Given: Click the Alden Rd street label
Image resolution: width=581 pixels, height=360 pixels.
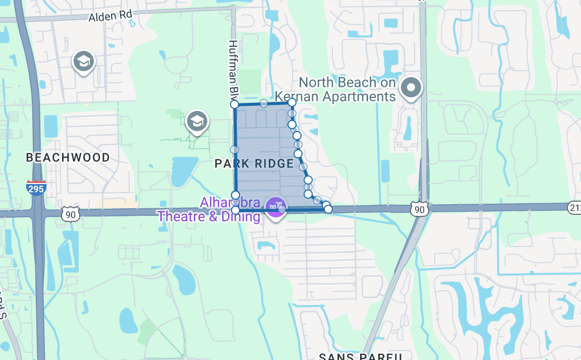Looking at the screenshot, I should pyautogui.click(x=110, y=17).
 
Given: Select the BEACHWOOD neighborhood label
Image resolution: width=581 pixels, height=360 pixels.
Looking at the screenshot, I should pyautogui.click(x=68, y=158).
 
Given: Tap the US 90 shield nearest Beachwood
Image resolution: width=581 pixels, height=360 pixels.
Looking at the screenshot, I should pyautogui.click(x=71, y=214).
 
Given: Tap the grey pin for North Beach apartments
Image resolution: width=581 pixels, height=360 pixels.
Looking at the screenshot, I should pyautogui.click(x=411, y=88).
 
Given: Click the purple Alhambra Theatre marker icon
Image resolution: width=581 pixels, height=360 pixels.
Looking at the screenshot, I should pyautogui.click(x=275, y=207).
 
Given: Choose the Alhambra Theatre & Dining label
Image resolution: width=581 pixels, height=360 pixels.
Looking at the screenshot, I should pyautogui.click(x=209, y=210).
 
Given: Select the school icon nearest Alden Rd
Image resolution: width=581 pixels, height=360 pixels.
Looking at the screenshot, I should pyautogui.click(x=84, y=61).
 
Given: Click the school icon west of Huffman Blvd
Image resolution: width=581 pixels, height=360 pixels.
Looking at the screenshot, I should pyautogui.click(x=197, y=121).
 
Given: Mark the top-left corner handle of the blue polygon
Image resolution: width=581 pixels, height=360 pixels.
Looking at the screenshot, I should pyautogui.click(x=235, y=104).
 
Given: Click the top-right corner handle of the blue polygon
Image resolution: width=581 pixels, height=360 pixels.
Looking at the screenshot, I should pyautogui.click(x=292, y=102).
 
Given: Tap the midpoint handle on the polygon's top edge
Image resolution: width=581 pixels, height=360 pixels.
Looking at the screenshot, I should pyautogui.click(x=264, y=103).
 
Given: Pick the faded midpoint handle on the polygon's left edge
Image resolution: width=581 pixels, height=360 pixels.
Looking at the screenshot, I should pyautogui.click(x=235, y=150).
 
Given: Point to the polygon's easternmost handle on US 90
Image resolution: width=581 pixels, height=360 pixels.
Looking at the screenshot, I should pyautogui.click(x=328, y=209).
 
